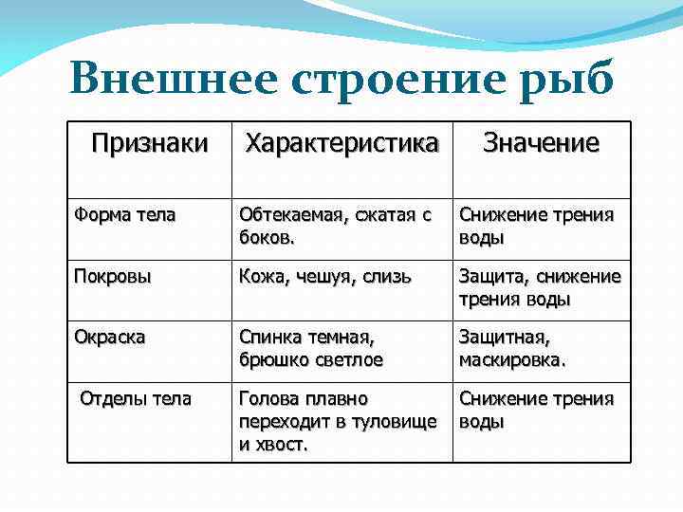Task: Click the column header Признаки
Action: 149,144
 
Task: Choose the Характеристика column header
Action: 342,144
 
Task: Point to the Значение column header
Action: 541,144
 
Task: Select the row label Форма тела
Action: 124,215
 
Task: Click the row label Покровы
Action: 113,277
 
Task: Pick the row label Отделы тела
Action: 136,398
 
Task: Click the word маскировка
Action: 512,359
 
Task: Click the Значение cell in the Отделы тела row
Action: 536,409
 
